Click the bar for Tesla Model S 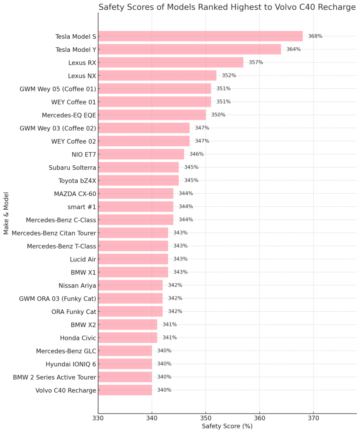(200, 36)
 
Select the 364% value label (293, 49)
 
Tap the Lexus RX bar (171, 63)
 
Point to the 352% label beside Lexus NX (229, 76)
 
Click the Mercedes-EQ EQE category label (69, 115)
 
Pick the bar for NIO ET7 (141, 154)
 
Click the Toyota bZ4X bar (139, 181)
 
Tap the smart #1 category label (82, 207)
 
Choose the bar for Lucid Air (133, 259)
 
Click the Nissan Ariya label (77, 285)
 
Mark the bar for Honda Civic (128, 337)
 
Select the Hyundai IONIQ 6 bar (125, 364)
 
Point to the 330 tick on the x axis (98, 418)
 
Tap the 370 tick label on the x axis (313, 418)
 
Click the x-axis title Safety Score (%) (227, 426)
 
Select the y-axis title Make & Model (6, 213)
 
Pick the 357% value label (256, 63)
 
